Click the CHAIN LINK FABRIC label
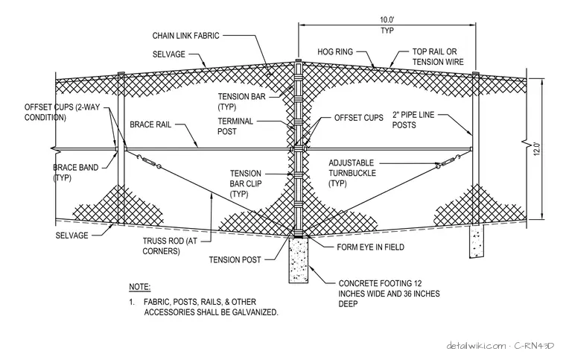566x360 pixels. [x=185, y=36]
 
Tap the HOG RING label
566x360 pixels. [x=335, y=52]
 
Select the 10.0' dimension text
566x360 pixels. [x=387, y=20]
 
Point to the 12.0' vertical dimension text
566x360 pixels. [x=537, y=149]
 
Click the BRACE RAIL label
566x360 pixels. [x=150, y=124]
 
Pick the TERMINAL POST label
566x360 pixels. [x=235, y=126]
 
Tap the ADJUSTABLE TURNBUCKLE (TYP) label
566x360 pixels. [x=352, y=173]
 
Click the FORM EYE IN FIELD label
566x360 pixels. [x=370, y=247]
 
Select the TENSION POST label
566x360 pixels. [x=235, y=259]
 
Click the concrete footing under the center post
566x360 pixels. [x=298, y=259]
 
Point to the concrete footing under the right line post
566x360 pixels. [x=477, y=242]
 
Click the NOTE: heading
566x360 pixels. [x=140, y=287]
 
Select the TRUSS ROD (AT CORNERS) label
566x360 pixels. [x=170, y=246]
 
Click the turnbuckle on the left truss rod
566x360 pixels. [x=148, y=162]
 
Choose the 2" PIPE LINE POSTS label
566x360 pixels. [x=413, y=120]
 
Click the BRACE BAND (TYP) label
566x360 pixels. [x=75, y=173]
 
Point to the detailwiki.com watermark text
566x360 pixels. [x=476, y=346]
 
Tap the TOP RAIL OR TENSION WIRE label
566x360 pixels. [x=438, y=57]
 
